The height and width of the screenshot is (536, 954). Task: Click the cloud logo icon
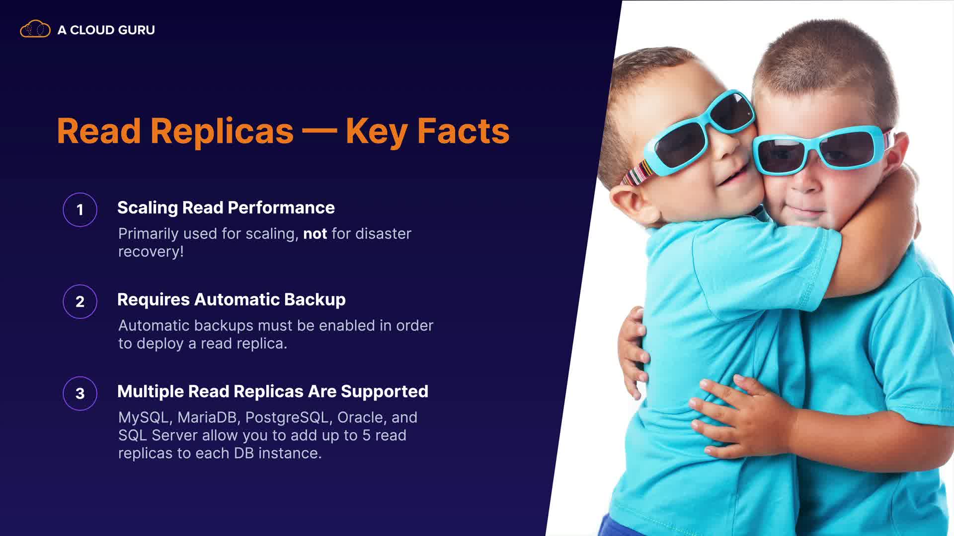[35, 29]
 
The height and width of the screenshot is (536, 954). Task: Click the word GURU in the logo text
[137, 30]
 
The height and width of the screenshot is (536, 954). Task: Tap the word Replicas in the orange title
[222, 132]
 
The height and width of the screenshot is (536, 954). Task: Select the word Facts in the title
[464, 131]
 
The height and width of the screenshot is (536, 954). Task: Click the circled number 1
[80, 210]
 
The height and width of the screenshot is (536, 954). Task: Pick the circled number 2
[80, 302]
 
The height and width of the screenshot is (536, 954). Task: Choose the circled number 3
[80, 394]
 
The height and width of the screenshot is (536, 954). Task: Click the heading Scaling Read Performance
[226, 207]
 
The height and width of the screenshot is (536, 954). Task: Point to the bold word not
[315, 234]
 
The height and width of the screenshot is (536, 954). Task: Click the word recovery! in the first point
[151, 252]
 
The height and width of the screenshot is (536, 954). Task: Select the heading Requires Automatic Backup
[232, 299]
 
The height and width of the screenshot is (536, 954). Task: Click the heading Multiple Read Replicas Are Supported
[273, 391]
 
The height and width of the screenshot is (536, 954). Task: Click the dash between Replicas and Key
[319, 132]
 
